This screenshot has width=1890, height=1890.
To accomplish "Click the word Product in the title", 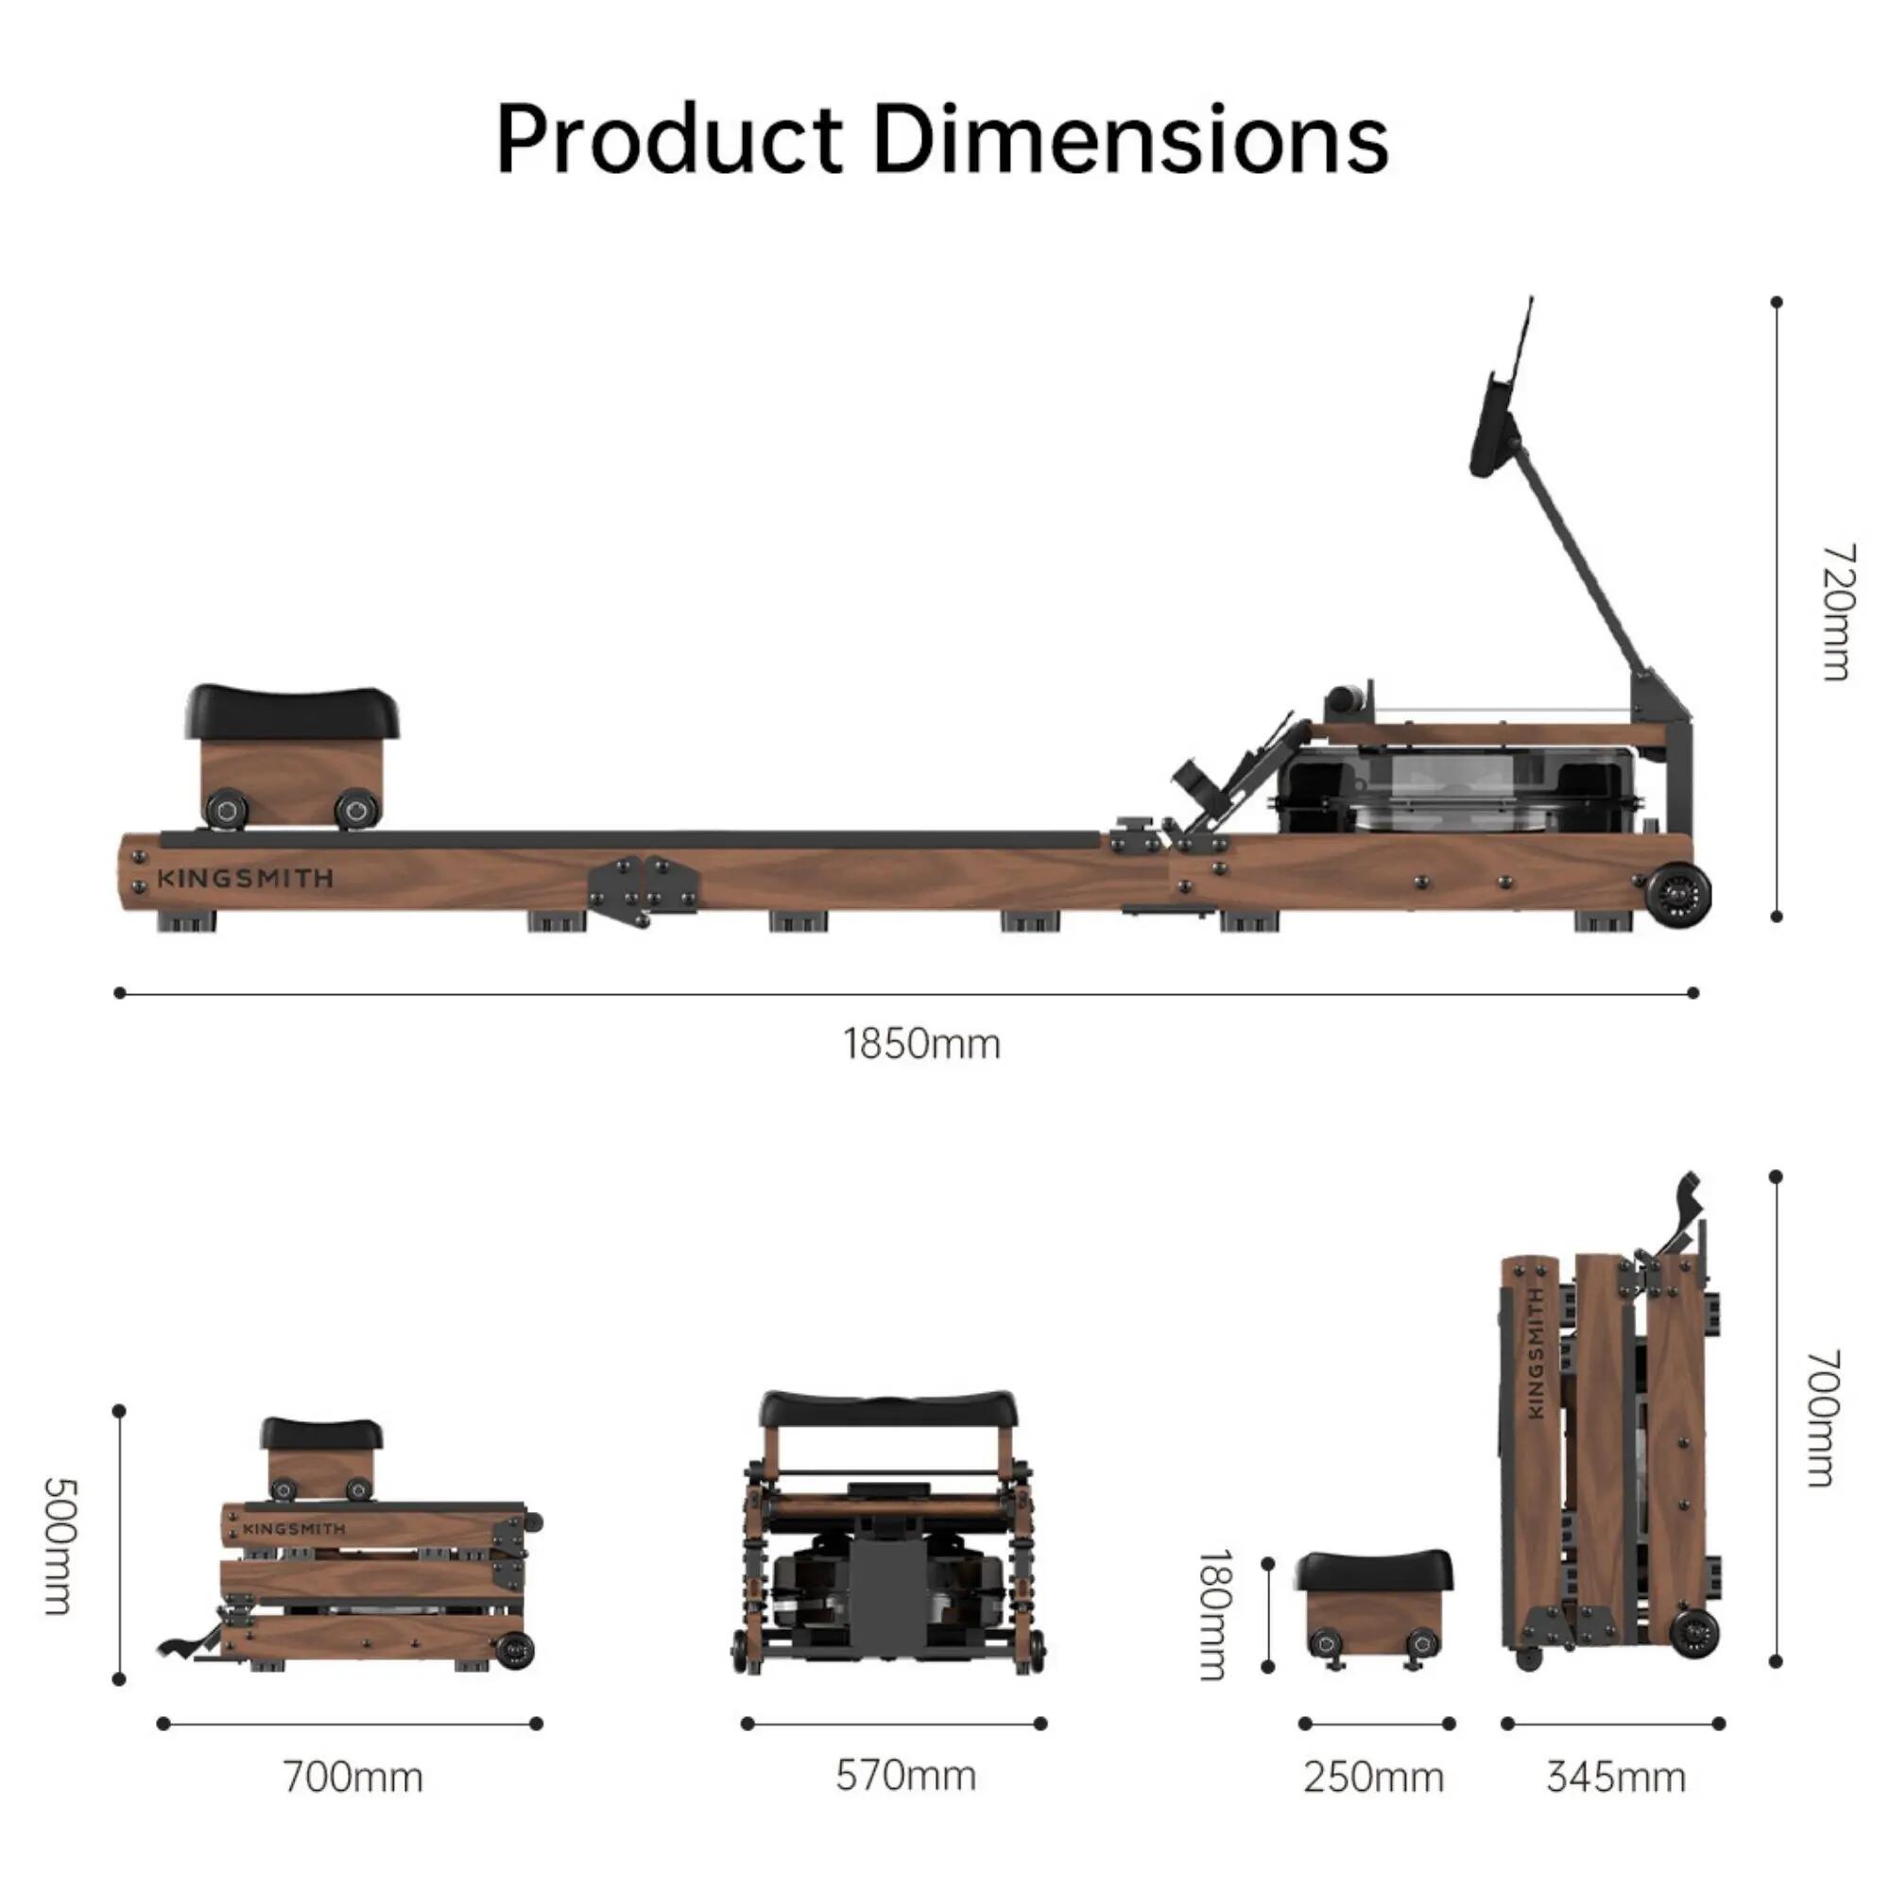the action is click(x=669, y=139).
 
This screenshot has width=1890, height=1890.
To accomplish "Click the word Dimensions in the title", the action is click(x=1131, y=139).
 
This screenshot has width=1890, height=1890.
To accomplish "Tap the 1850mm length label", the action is click(x=921, y=1045).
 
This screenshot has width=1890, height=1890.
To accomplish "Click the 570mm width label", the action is click(x=906, y=1776).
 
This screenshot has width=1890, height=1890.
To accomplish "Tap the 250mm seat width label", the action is click(x=1373, y=1778).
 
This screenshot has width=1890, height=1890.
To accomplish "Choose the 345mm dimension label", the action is click(x=1616, y=1778).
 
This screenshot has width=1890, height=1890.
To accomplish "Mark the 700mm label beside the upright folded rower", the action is click(x=1824, y=1417).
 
